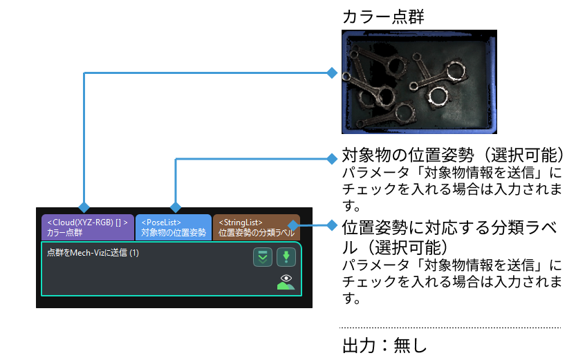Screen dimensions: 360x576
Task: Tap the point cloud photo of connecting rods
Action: [419, 82]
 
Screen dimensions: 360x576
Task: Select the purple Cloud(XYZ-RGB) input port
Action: [87, 227]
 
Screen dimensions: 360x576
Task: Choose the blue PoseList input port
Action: [174, 227]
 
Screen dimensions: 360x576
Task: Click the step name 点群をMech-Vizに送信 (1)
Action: [93, 254]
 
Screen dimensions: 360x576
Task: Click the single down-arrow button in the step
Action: [286, 258]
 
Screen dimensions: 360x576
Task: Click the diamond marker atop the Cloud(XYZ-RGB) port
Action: [84, 207]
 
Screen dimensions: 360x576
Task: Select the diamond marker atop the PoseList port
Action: [176, 207]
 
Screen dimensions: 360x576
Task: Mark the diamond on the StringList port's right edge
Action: [293, 225]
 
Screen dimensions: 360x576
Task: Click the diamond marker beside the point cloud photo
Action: [332, 72]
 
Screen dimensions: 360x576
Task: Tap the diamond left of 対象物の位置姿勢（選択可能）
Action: [332, 158]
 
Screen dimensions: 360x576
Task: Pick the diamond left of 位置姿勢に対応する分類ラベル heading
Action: [332, 225]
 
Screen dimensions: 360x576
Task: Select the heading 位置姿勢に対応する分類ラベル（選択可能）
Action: [449, 236]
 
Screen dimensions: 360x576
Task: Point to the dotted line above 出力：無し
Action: [449, 328]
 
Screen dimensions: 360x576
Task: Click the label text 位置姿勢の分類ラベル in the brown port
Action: [256, 234]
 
